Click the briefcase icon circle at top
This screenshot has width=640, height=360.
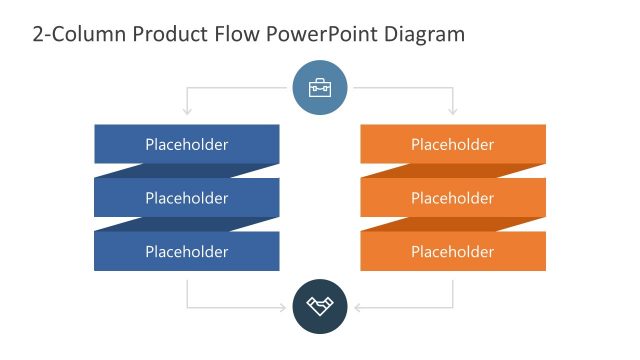[320, 88]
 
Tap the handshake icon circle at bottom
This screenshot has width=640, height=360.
[320, 306]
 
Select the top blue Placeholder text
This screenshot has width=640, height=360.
[187, 144]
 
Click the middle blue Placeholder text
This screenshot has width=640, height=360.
[187, 198]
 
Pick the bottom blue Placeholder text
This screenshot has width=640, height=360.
[187, 251]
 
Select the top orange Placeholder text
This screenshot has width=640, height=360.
[453, 144]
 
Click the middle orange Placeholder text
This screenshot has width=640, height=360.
[453, 198]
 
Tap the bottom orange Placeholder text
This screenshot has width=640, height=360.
[453, 251]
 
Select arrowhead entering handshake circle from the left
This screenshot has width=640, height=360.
[287, 306]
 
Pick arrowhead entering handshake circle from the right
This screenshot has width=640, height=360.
[354, 306]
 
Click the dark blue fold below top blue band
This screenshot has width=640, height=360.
[200, 171]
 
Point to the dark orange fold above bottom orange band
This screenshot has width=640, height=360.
[440, 224]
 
